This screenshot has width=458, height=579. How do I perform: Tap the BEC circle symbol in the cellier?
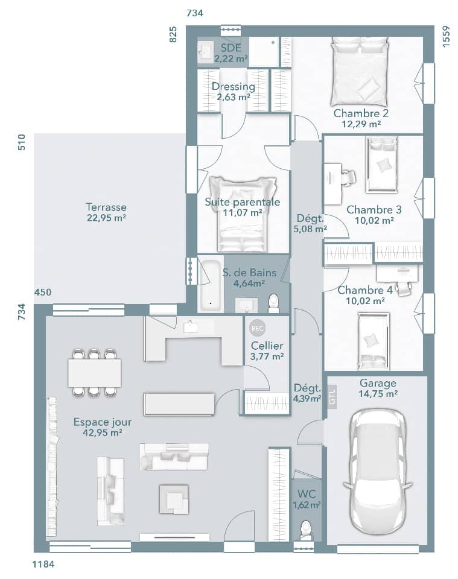[x=256, y=328]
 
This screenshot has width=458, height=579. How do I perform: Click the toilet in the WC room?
[x=305, y=530]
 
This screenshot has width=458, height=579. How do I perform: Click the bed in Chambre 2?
[x=360, y=71]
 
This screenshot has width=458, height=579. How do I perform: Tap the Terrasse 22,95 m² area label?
[x=106, y=212]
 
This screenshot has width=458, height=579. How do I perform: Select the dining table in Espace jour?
[x=95, y=373]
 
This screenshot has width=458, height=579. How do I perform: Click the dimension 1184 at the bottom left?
[x=43, y=565]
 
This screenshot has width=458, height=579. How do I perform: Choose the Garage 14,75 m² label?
[x=378, y=388]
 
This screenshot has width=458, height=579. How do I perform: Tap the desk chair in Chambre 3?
[x=348, y=177]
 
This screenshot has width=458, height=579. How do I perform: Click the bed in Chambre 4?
[x=372, y=341]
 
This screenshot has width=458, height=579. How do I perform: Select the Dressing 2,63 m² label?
[x=233, y=92]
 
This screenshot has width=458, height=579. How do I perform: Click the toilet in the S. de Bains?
[x=274, y=303]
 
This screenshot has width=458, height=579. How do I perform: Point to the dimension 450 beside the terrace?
[x=43, y=293]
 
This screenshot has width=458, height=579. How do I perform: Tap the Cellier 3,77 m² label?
[x=267, y=350]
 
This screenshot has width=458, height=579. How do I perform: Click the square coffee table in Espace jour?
[x=174, y=499]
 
